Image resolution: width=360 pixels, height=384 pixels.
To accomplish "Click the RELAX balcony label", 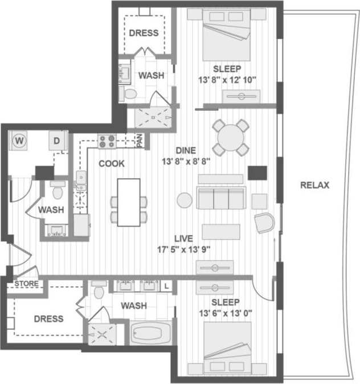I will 314,185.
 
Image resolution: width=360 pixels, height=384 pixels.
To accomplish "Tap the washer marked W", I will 19,140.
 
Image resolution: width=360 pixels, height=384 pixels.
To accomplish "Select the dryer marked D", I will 57,141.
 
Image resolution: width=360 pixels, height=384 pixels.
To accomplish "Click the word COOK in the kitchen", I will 112,163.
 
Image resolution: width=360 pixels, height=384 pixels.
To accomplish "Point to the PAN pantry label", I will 138,139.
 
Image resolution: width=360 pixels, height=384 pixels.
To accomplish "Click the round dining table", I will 231,137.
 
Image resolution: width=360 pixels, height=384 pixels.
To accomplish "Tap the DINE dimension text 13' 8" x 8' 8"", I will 186,161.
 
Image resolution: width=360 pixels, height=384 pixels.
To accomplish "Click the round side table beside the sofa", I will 185,200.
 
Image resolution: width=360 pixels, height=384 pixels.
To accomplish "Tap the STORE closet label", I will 26,283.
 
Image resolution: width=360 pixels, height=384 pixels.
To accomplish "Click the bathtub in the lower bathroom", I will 151,332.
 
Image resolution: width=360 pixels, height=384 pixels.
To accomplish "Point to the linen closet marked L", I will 166,287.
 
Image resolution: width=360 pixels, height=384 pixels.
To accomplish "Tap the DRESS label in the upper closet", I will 144,32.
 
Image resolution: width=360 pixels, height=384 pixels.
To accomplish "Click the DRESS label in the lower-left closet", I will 48,319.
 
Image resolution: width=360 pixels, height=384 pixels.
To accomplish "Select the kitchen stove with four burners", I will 107,140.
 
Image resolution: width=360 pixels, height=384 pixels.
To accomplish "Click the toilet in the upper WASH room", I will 128,93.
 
